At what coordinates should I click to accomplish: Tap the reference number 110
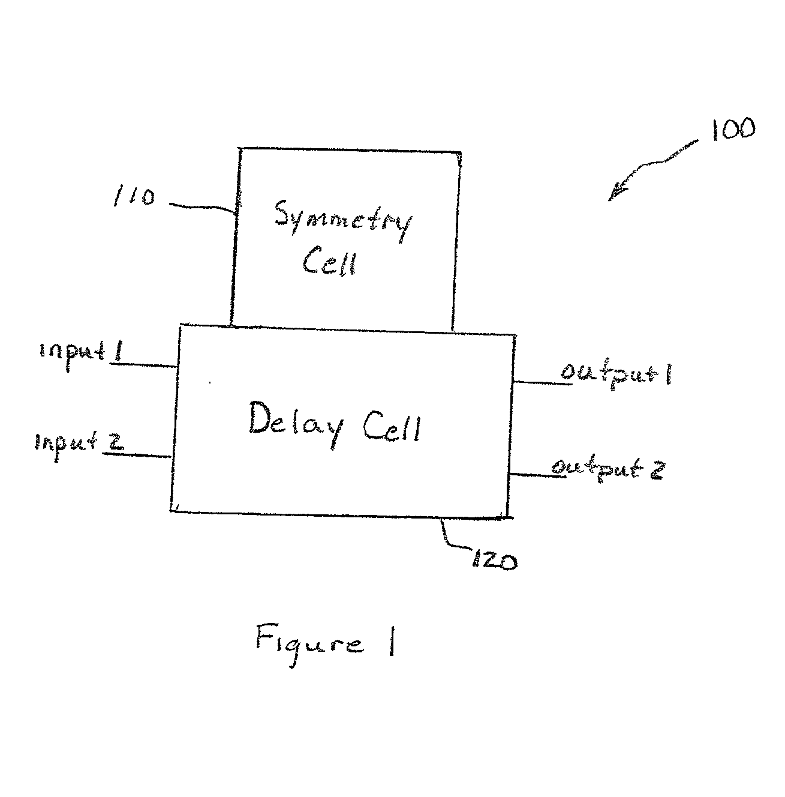(134, 196)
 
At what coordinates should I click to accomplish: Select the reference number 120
(494, 561)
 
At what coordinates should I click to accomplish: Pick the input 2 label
(79, 445)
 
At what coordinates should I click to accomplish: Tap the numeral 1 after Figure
(391, 640)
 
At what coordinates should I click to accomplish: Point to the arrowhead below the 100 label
(616, 193)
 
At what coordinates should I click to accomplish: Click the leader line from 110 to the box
(203, 207)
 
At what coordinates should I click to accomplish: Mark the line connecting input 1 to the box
(144, 365)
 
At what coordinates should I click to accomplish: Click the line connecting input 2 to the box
(137, 455)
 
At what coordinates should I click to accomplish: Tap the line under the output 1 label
(542, 383)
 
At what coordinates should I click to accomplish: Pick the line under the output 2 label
(537, 475)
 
